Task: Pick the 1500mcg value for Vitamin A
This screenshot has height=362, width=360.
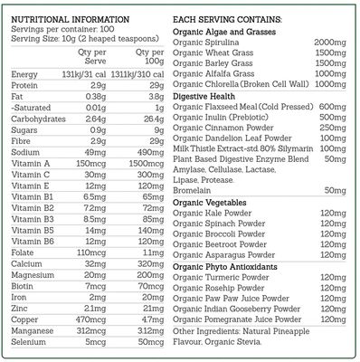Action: pos(146,161)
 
